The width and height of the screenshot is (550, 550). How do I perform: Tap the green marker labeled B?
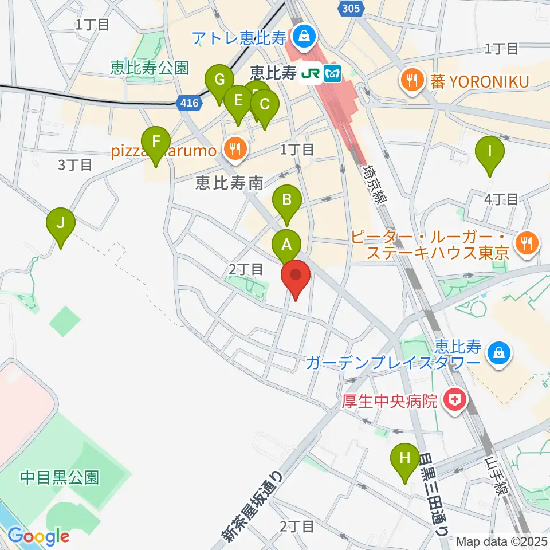tap(287, 201)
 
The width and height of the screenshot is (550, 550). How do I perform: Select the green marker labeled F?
tap(156, 142)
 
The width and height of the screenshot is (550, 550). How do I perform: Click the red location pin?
tap(296, 277)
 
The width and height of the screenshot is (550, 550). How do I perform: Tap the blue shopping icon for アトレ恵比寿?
tap(302, 38)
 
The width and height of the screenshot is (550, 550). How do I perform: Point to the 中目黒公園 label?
tap(60, 476)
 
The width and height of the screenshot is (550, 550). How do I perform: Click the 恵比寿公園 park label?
tap(150, 69)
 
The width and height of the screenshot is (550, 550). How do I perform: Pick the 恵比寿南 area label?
tap(229, 183)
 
